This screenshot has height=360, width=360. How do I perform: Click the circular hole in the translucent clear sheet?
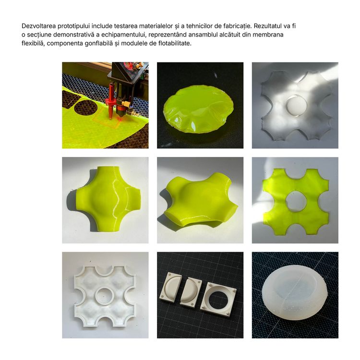tap(297, 106)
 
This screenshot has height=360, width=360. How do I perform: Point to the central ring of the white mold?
tap(105, 295)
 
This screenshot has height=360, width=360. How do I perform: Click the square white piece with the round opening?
tap(218, 299)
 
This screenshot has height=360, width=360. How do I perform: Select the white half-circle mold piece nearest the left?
tap(170, 286)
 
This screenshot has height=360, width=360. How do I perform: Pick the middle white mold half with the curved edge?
tap(191, 292)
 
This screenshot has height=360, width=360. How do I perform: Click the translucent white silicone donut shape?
tap(294, 294)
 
